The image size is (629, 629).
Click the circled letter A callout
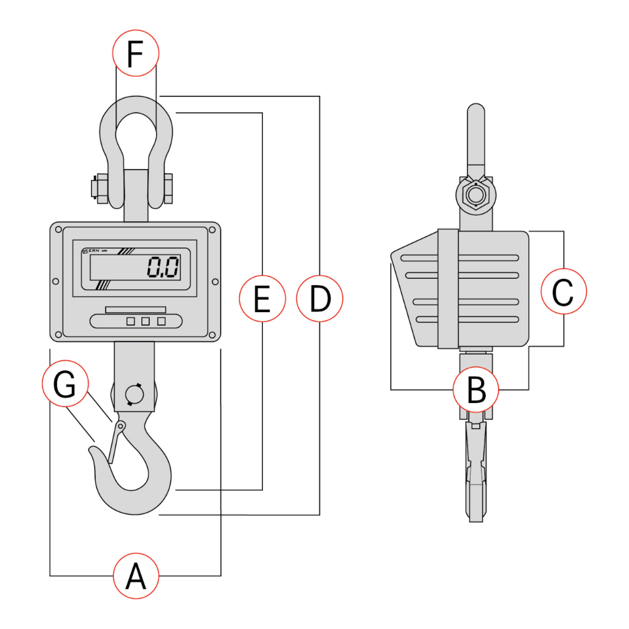136,576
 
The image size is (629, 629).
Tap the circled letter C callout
564,291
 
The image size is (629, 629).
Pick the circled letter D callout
319,299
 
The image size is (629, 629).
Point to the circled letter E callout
262,299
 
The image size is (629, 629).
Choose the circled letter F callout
135,54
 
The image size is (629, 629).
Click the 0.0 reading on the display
162,267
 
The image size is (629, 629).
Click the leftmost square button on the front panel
131,321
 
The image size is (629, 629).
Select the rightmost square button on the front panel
162,321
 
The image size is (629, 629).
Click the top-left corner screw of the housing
58,230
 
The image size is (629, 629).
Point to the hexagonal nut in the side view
474,195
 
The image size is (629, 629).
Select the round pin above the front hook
133,394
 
